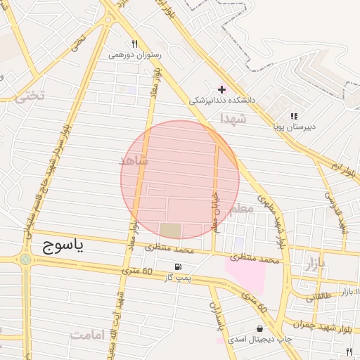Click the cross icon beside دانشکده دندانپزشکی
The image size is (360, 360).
[222, 89]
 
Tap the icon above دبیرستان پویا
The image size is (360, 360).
[294, 116]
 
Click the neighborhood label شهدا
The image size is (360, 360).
[234, 118]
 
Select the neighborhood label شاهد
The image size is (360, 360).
[134, 161]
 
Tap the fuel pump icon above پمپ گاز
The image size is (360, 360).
[179, 266]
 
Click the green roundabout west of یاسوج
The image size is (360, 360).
[25, 259]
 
